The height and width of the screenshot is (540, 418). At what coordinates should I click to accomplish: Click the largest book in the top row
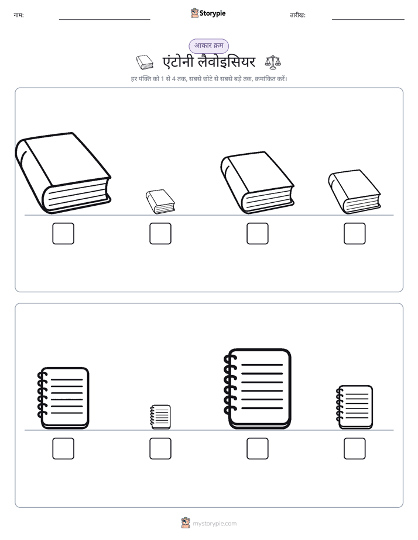pos(63,173)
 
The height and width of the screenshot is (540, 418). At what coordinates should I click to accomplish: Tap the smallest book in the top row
pos(160,202)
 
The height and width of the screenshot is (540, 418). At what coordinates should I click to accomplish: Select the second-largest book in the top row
pos(257,183)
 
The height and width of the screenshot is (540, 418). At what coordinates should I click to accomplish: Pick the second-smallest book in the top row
pos(354,192)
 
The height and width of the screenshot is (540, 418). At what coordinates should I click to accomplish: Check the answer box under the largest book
pos(63,234)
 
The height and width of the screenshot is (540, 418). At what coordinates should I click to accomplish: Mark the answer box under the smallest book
pos(160,234)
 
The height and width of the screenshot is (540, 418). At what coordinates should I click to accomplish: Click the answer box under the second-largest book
pos(257,234)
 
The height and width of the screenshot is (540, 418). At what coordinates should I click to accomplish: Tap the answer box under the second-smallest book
pos(355,234)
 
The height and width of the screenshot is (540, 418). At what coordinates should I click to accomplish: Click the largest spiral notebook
pos(257,389)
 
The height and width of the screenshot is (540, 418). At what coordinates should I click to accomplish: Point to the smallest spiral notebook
pos(160,417)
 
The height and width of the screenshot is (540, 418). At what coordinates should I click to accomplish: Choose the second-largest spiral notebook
pos(63,398)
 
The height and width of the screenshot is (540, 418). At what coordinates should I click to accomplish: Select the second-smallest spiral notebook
pos(354,407)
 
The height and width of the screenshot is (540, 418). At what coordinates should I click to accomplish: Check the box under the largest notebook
pos(257,448)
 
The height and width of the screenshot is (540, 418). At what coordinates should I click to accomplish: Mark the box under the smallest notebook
pos(160,448)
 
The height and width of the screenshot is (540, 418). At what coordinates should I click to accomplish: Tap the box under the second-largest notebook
pos(63,448)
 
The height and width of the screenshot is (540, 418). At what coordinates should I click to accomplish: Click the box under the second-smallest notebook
pos(355,448)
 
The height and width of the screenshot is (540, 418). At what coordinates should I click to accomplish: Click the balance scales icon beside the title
pos(273,63)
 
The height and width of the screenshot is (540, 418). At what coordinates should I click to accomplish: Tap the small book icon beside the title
pos(145,63)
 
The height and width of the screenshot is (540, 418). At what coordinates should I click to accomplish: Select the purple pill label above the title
pos(208,46)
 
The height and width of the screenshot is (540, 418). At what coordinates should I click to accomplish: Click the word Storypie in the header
pos(213,13)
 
